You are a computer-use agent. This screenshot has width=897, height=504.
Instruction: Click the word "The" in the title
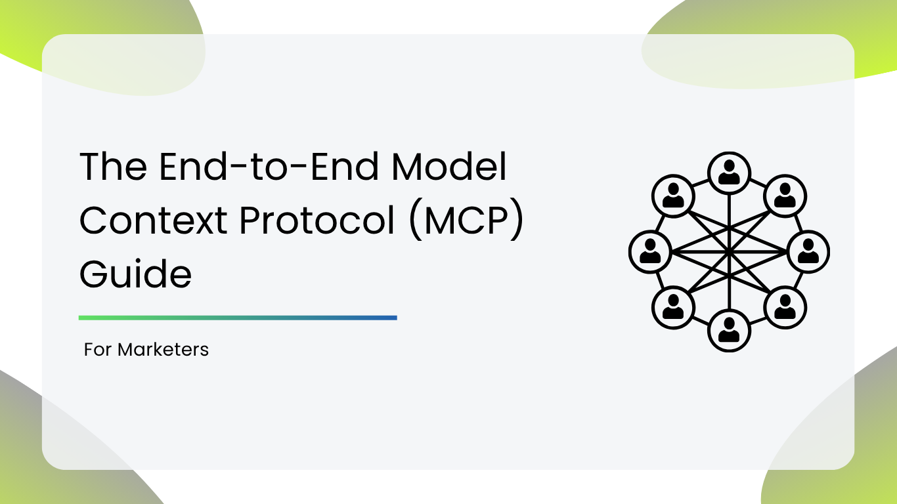tap(114, 166)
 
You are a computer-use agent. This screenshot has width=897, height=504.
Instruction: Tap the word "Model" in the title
tap(449, 166)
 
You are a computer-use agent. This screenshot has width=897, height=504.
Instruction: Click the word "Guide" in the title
tap(136, 274)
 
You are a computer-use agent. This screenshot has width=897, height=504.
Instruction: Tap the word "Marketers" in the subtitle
tap(163, 350)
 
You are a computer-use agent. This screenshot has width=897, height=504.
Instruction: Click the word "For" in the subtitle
tap(98, 350)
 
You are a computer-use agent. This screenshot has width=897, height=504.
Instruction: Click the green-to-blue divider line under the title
tap(238, 318)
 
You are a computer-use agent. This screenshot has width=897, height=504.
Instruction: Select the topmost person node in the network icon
tap(729, 173)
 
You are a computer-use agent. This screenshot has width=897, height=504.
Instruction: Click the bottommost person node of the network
tap(729, 331)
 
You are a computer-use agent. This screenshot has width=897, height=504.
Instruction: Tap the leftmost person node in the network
tap(650, 252)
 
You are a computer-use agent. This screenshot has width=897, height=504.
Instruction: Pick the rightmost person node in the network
tap(808, 252)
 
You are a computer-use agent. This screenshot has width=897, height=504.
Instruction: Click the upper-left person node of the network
tap(673, 196)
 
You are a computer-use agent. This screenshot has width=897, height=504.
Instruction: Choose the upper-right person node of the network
tap(785, 196)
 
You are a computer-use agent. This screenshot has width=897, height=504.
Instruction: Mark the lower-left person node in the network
tap(673, 307)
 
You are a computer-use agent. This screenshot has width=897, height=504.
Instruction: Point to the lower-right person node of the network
tap(785, 307)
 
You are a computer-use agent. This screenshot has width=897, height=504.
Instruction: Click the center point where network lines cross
tap(729, 252)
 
